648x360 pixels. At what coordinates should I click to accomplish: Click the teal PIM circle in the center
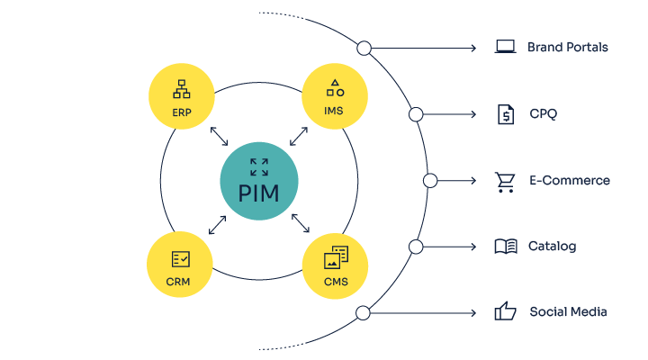(259, 180)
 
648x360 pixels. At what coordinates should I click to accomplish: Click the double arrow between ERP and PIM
(219, 137)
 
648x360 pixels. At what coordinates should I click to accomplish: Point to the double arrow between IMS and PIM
(299, 137)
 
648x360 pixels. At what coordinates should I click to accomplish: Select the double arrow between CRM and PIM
(219, 224)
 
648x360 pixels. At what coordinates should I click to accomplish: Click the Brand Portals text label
(567, 47)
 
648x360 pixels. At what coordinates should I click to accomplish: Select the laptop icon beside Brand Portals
(505, 47)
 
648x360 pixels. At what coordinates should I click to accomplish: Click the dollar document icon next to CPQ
(506, 114)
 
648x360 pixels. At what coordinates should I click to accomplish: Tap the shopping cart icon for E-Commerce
(505, 181)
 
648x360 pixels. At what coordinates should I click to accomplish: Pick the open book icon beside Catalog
(506, 247)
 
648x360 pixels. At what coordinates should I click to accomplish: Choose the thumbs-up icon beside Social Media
(505, 312)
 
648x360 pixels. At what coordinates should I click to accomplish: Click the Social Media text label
(568, 312)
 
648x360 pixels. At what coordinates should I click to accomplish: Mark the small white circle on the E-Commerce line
(429, 181)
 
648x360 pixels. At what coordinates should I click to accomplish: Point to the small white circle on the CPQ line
(416, 114)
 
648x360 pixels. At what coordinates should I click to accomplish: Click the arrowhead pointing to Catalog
(472, 247)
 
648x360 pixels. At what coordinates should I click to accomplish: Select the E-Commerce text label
(569, 181)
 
